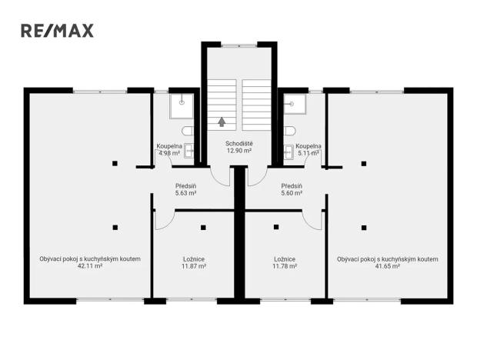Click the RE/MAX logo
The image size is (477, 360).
pyautogui.click(x=57, y=31)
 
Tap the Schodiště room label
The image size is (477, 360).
pyautogui.click(x=239, y=144)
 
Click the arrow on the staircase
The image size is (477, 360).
pyautogui.click(x=222, y=121)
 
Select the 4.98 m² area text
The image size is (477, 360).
pyautogui.click(x=168, y=153)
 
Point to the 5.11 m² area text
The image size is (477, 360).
pyautogui.click(x=308, y=153)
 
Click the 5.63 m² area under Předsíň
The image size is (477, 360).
pyautogui.click(x=185, y=193)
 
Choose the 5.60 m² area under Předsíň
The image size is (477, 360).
pyautogui.click(x=292, y=193)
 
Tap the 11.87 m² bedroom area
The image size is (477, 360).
pyautogui.click(x=193, y=266)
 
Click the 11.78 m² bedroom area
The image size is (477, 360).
pyautogui.click(x=285, y=266)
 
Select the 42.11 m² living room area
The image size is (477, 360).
pyautogui.click(x=89, y=266)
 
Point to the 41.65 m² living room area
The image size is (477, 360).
pyautogui.click(x=387, y=266)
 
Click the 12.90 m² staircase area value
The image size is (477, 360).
pyautogui.click(x=239, y=151)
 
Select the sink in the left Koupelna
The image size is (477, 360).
pyautogui.click(x=188, y=149)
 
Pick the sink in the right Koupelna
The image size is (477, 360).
pyautogui.click(x=289, y=149)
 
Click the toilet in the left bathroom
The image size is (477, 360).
pyautogui.click(x=188, y=131)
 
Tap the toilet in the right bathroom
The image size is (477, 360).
pyautogui.click(x=289, y=131)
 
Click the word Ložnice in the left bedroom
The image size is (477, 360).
pyautogui.click(x=193, y=259)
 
